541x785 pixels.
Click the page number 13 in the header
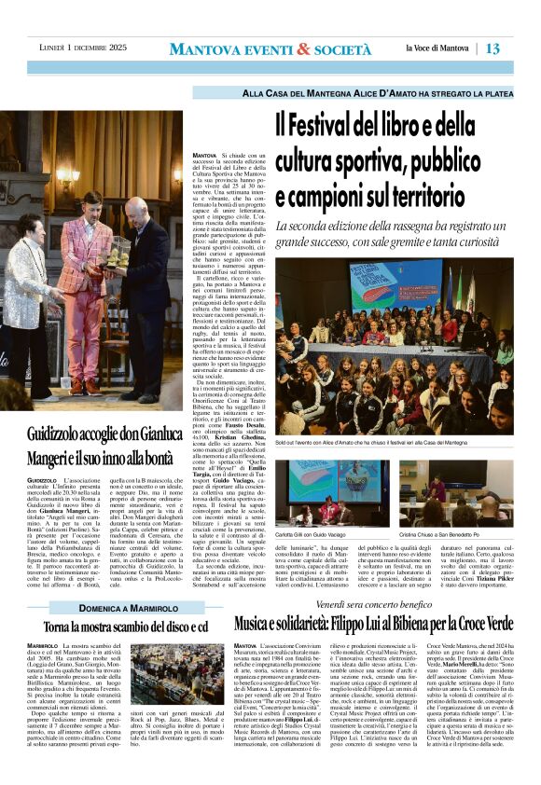point(520,48)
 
